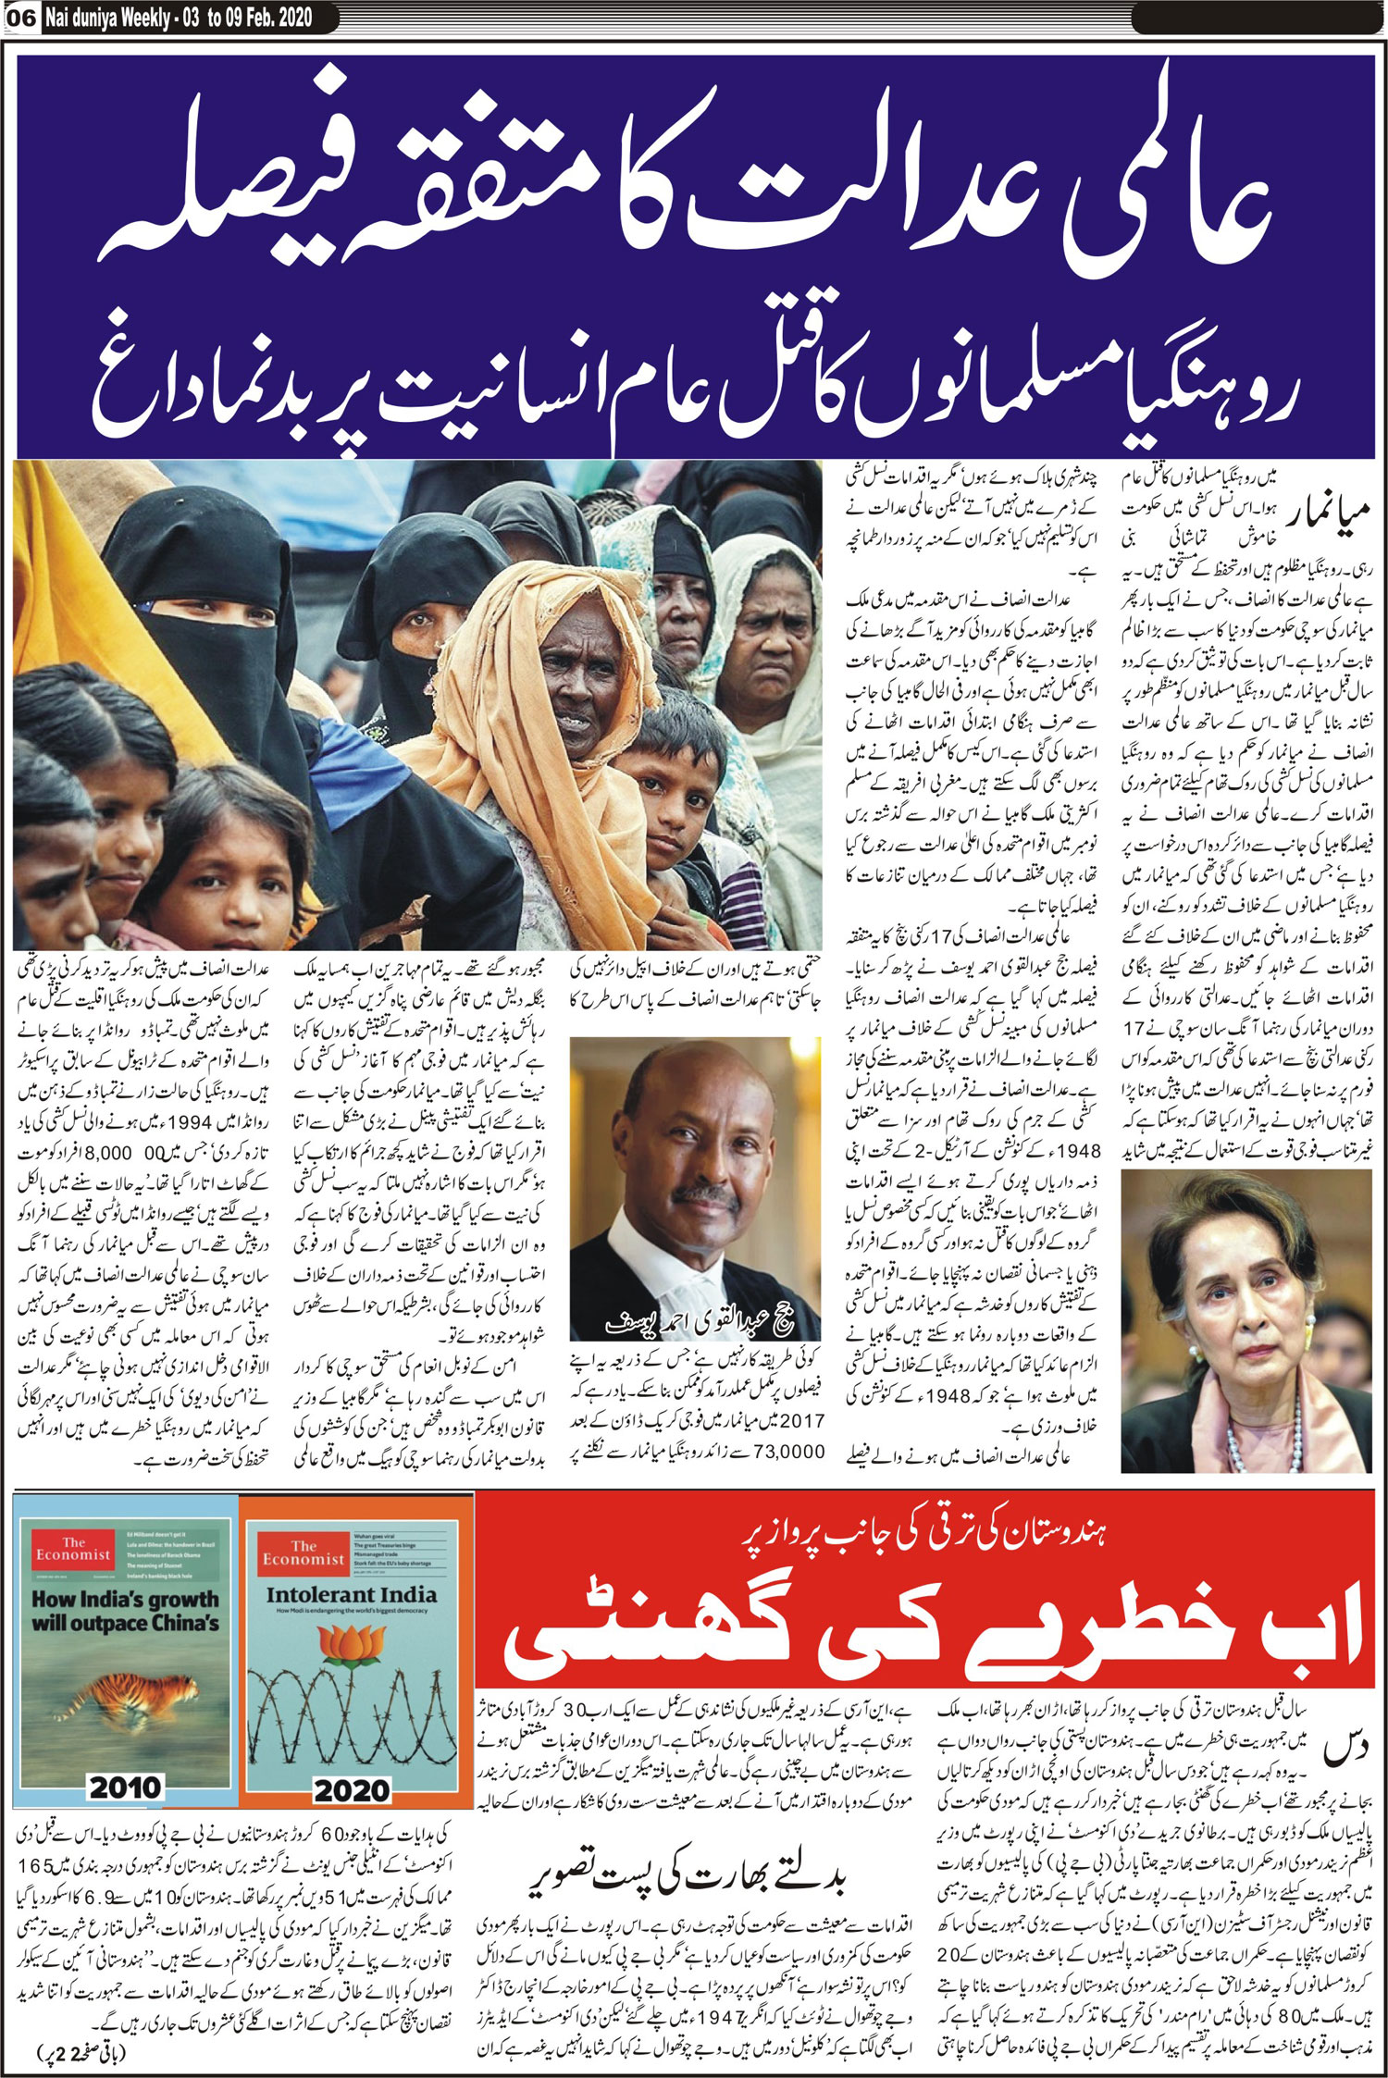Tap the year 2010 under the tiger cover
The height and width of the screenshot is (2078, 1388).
[x=126, y=1787]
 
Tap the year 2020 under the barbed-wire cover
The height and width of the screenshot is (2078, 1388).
[x=352, y=1789]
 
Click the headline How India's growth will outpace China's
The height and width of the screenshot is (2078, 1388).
[x=126, y=1611]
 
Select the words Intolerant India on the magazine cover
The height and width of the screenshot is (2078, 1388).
[x=351, y=1594]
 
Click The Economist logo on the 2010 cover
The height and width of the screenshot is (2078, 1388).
[x=73, y=1549]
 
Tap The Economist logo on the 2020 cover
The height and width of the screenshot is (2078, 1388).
[x=304, y=1552]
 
